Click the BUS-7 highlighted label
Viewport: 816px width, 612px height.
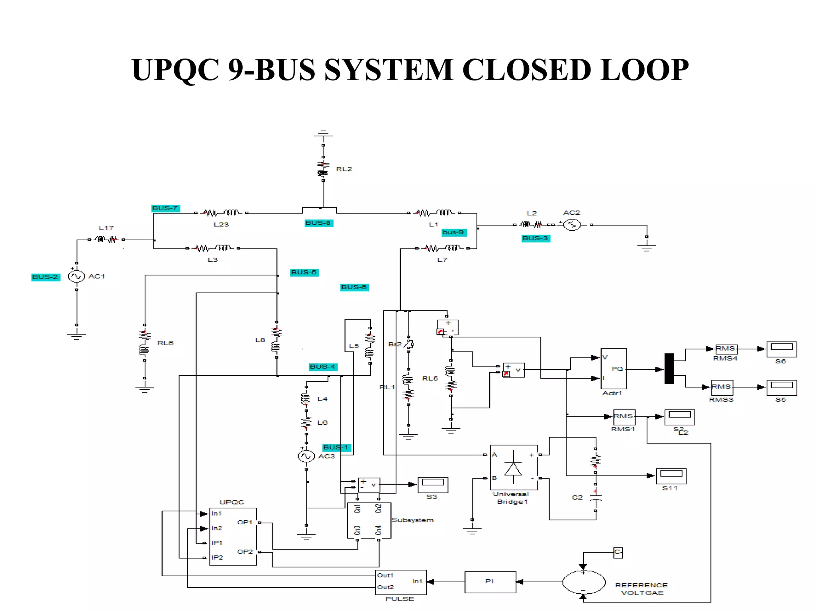point(165,208)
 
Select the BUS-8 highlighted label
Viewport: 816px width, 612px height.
point(318,223)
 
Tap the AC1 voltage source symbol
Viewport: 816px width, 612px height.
point(76,276)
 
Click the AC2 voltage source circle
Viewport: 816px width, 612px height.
point(572,225)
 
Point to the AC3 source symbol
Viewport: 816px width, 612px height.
point(306,456)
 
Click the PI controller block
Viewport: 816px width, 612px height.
point(490,582)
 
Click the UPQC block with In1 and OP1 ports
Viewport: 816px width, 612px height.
point(233,536)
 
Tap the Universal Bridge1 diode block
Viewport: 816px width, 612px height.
point(514,467)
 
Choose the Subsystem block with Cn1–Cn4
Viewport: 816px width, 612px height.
point(369,520)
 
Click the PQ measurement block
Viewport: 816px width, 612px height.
point(614,369)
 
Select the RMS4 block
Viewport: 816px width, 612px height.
point(726,349)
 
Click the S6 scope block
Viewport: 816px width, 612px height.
point(781,349)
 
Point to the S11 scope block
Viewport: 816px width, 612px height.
point(671,475)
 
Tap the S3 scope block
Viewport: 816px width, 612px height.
point(433,484)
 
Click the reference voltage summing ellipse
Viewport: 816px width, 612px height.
point(584,582)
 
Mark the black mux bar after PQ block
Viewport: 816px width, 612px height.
point(669,369)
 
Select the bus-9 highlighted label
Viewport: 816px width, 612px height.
point(453,232)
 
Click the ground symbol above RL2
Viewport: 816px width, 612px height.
point(323,135)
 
